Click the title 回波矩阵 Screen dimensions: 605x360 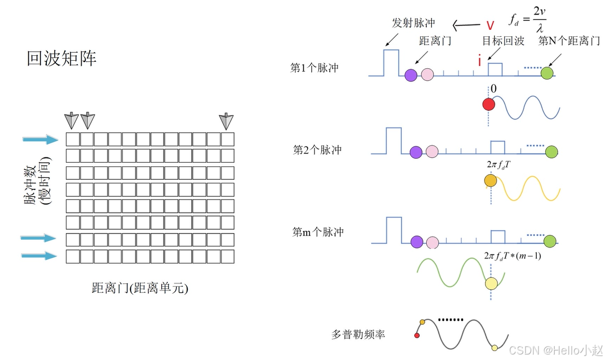[61, 59]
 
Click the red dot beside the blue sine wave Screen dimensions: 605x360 [488, 104]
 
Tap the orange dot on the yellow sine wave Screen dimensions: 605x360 [490, 181]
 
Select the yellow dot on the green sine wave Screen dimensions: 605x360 [491, 284]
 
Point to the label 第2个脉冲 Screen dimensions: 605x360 [317, 149]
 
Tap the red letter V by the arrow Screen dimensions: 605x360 [490, 25]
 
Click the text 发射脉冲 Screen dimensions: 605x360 [414, 22]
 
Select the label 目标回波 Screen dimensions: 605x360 [503, 41]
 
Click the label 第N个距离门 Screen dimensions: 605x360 [569, 41]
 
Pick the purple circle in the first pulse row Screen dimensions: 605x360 [411, 75]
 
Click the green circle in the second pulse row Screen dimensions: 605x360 [551, 152]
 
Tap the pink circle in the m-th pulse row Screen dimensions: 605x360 [432, 242]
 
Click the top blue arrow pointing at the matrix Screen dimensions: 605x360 [41, 139]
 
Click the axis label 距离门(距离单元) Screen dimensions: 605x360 [140, 288]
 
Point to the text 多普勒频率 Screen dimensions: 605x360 [358, 334]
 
